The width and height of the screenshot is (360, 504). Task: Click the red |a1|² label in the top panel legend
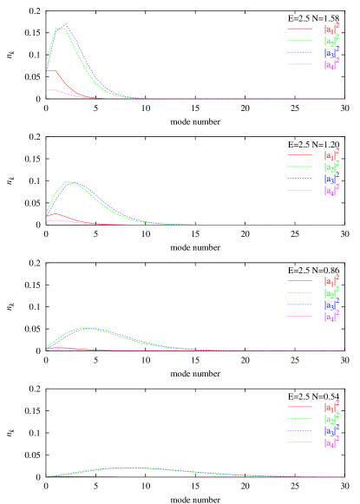(x=331, y=29)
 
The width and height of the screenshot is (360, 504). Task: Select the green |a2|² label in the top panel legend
(x=331, y=41)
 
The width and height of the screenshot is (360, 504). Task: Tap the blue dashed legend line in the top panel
(x=300, y=53)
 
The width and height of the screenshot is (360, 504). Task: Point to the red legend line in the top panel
(x=300, y=29)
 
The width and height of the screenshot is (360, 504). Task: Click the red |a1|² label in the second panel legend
(x=331, y=155)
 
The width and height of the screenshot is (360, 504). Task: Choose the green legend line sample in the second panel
(x=300, y=167)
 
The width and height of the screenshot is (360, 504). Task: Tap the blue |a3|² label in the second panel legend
(x=331, y=179)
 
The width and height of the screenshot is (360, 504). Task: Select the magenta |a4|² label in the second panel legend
(x=331, y=191)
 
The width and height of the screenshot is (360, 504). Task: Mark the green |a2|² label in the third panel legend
(x=331, y=293)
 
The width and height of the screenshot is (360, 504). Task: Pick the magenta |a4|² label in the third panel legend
(x=331, y=317)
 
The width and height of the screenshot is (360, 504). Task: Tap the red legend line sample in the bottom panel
(x=300, y=407)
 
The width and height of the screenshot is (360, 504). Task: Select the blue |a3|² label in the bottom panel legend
(x=331, y=431)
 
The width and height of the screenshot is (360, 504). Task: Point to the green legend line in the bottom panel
(x=300, y=419)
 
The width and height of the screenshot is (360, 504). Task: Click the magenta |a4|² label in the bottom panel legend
(x=331, y=443)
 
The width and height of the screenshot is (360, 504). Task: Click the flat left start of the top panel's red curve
(x=50, y=70)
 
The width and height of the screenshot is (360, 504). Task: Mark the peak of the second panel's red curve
(x=56, y=213)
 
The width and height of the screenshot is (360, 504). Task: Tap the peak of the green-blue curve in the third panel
(x=85, y=329)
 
